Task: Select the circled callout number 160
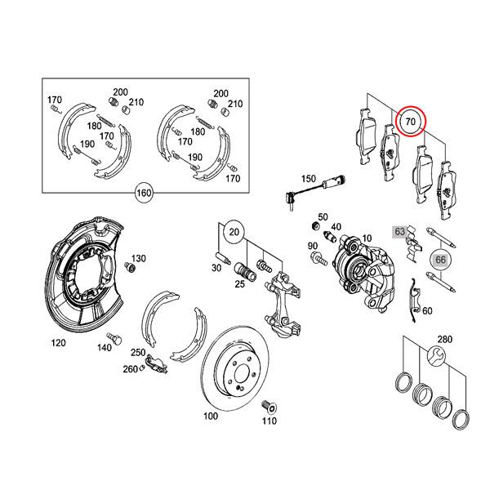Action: coord(144,194)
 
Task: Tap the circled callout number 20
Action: coord(234,231)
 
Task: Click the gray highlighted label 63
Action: coord(400,232)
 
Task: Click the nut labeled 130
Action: coord(129,267)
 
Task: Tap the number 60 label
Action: coord(427,311)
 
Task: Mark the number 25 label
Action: coord(240,283)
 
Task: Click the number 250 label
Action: coord(138,352)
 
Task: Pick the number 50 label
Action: coord(323,216)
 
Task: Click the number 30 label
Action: coord(216,268)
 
